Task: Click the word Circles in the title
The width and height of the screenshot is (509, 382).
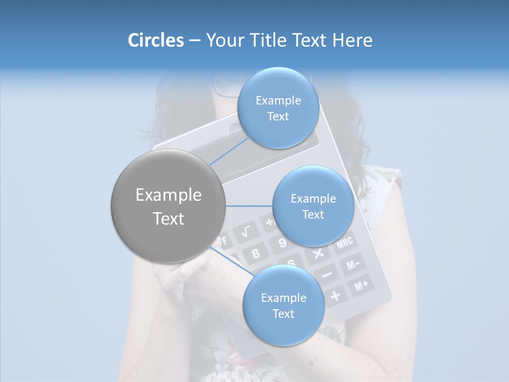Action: pyautogui.click(x=156, y=40)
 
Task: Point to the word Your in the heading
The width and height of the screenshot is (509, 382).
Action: pyautogui.click(x=223, y=40)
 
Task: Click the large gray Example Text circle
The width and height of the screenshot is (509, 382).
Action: pyautogui.click(x=169, y=206)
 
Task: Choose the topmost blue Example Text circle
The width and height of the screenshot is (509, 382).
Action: pyautogui.click(x=278, y=108)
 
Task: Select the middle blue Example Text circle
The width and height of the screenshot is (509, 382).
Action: pyautogui.click(x=313, y=206)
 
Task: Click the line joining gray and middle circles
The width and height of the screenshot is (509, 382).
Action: pyautogui.click(x=249, y=206)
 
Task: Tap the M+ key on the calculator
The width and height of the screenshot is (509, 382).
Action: pyautogui.click(x=362, y=286)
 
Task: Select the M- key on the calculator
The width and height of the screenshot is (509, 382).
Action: pyautogui.click(x=353, y=264)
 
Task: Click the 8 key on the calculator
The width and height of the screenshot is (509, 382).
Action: pyautogui.click(x=256, y=253)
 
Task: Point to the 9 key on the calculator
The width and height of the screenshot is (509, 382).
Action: pyautogui.click(x=282, y=242)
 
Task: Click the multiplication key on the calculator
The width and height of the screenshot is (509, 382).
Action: pyautogui.click(x=318, y=253)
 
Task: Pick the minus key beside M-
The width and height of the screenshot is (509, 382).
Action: pyautogui.click(x=327, y=274)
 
